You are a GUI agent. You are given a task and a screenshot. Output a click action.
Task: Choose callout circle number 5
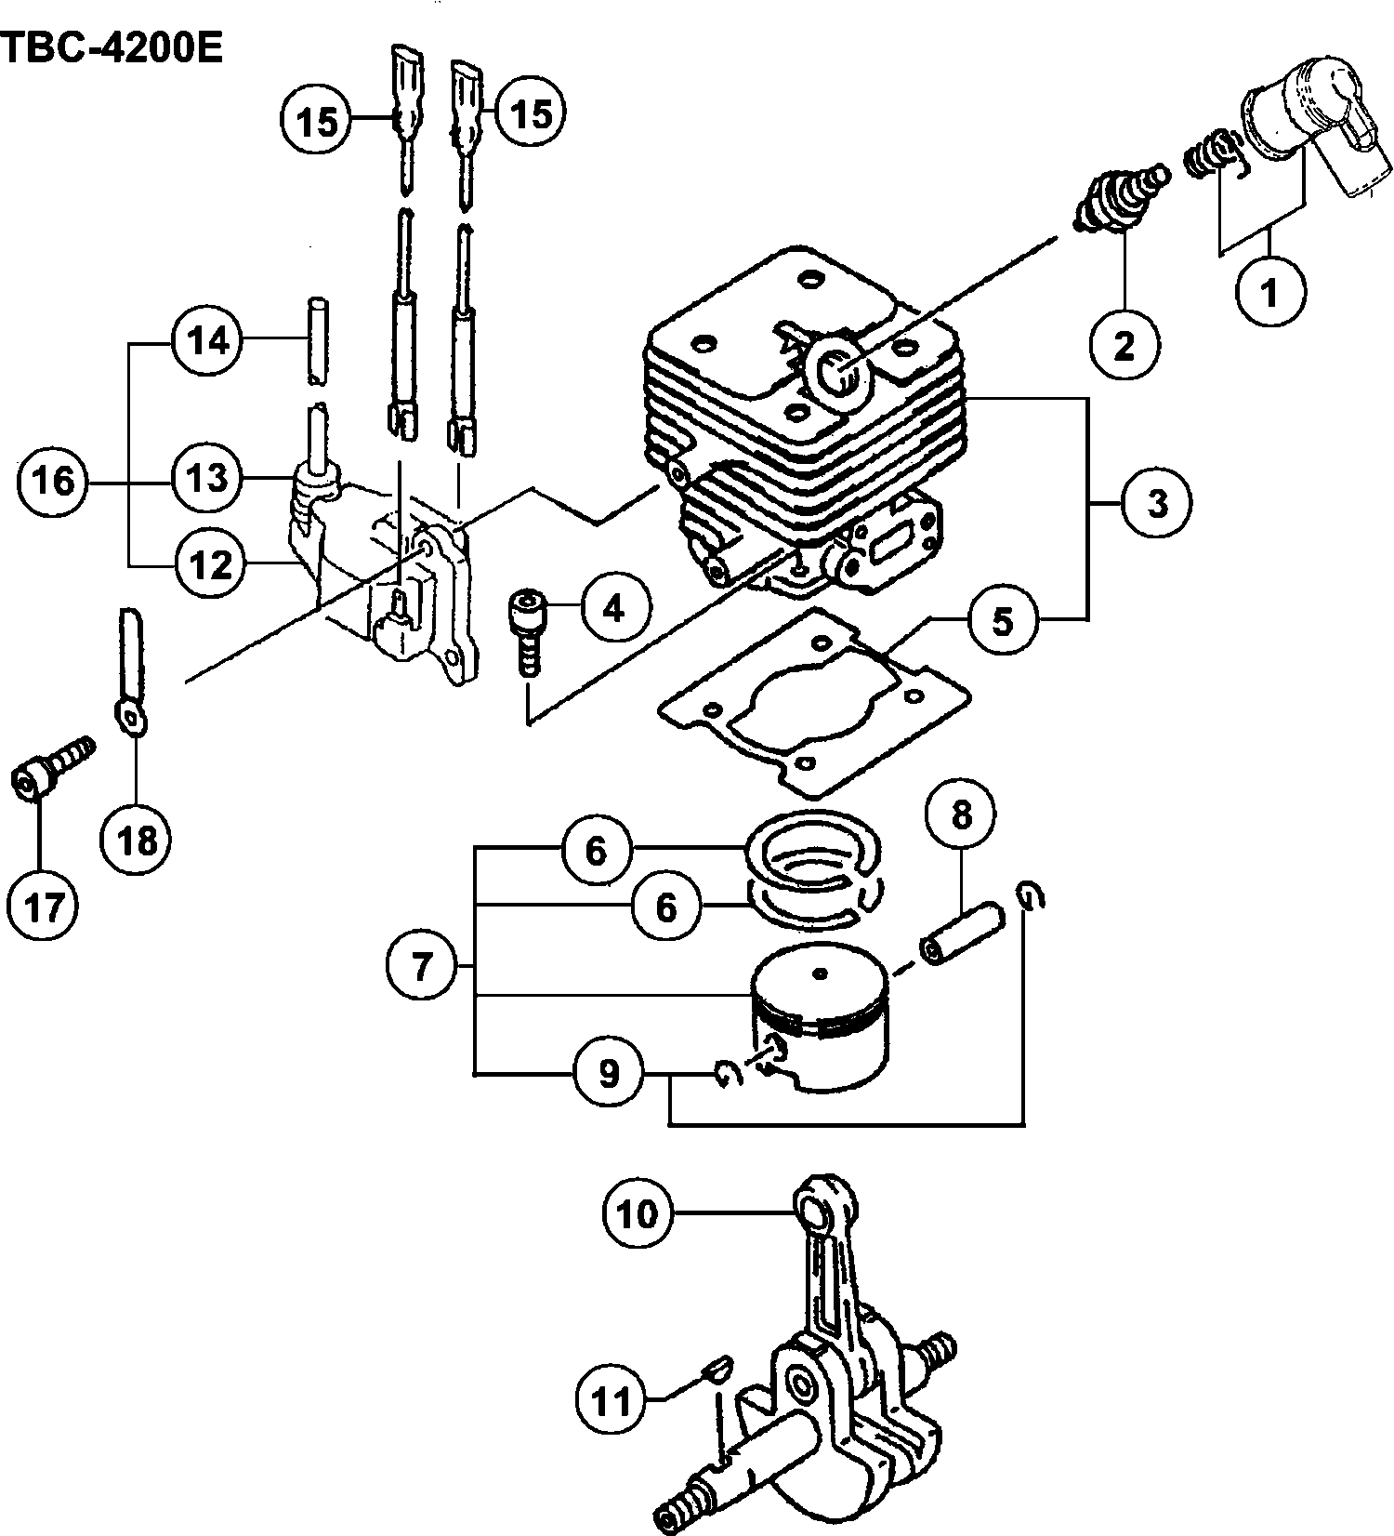coord(1002,620)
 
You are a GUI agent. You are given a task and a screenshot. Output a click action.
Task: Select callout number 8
coord(961,815)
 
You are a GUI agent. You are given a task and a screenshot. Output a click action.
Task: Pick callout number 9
coord(609,1074)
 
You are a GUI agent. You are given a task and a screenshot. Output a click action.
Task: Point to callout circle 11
coord(612,1400)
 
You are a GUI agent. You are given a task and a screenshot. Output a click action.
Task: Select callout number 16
coord(53,481)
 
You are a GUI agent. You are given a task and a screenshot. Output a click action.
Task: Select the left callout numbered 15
coord(317,121)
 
